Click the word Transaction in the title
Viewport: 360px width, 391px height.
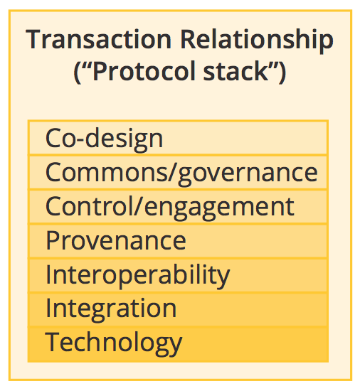point(99,39)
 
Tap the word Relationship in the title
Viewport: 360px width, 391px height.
point(257,41)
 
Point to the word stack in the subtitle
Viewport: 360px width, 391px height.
point(235,71)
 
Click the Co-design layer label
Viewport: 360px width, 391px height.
point(104,139)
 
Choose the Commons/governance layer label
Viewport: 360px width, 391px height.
point(181,173)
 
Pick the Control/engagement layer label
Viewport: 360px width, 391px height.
point(170,207)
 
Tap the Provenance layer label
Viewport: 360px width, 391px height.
point(116,240)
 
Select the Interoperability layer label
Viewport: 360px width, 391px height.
point(138,276)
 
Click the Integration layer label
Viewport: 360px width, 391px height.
point(111,309)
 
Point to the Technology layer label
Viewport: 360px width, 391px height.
point(114,343)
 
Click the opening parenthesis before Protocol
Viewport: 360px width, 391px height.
point(78,73)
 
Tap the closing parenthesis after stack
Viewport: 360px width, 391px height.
point(282,73)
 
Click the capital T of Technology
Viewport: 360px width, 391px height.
point(53,342)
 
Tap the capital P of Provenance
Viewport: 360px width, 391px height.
point(53,240)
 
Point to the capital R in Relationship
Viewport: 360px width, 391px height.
point(189,39)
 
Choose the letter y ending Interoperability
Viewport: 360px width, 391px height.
point(222,280)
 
